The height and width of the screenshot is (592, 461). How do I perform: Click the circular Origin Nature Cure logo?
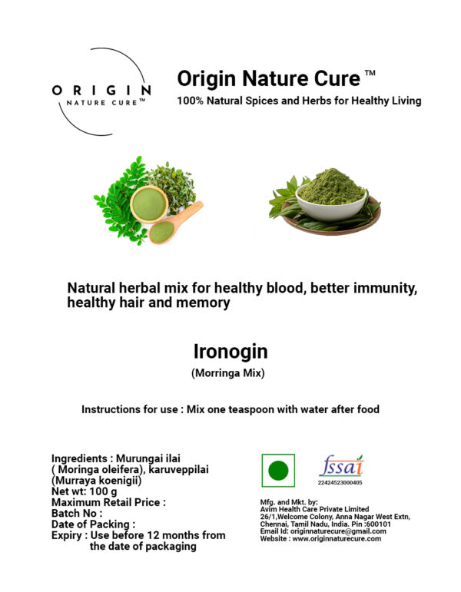pyautogui.click(x=101, y=91)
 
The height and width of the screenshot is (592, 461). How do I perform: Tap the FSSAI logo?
pyautogui.click(x=341, y=466)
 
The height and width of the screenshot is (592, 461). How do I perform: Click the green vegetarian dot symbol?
pyautogui.click(x=278, y=471)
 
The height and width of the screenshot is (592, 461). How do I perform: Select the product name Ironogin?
pyautogui.click(x=230, y=352)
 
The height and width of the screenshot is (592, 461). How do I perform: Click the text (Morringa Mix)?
pyautogui.click(x=228, y=373)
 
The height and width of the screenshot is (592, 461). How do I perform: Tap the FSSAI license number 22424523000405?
pyautogui.click(x=340, y=482)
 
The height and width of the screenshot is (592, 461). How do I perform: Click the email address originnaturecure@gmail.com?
pyautogui.click(x=338, y=531)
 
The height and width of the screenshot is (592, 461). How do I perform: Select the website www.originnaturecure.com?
pyautogui.click(x=337, y=539)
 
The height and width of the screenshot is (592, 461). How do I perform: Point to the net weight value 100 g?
pyautogui.click(x=103, y=491)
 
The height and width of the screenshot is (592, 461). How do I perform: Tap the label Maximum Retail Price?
pyautogui.click(x=106, y=502)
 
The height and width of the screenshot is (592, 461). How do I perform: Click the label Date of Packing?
pyautogui.click(x=91, y=524)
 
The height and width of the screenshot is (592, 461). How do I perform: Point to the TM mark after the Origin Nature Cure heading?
pyautogui.click(x=370, y=73)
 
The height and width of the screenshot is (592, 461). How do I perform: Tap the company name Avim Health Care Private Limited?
pyautogui.click(x=314, y=509)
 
